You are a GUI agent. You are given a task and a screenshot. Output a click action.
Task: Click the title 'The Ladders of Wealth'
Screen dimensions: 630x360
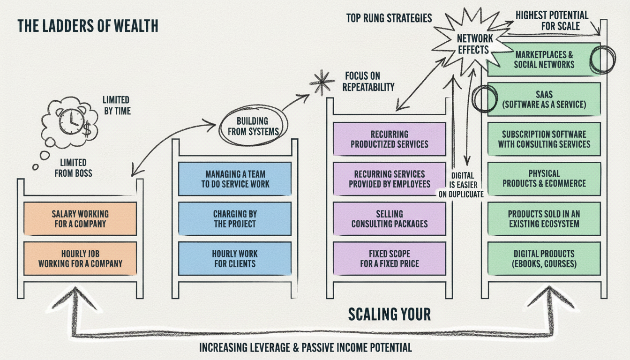point(88,26)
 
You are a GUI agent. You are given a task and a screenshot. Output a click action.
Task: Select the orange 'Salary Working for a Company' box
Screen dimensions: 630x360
point(80,218)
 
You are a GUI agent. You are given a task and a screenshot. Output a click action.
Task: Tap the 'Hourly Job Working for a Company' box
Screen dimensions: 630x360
point(80,258)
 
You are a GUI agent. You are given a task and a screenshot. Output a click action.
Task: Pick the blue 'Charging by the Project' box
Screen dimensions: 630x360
point(235,218)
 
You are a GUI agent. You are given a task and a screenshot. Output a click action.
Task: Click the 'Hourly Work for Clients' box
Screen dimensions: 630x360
point(235,258)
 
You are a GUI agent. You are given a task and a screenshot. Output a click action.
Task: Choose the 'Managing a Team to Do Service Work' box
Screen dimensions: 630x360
point(235,179)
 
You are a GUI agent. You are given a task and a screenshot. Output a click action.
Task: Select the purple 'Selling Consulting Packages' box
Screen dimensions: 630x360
point(390,218)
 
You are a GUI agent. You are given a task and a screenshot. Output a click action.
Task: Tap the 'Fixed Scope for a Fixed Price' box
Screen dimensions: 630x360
point(390,258)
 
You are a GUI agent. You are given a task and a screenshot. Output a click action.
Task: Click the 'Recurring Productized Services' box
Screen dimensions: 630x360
point(390,139)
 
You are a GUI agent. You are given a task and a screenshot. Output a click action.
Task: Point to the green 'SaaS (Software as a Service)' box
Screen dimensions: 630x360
point(544,99)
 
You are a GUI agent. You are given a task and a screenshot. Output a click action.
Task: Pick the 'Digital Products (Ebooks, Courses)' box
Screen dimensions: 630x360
point(544,258)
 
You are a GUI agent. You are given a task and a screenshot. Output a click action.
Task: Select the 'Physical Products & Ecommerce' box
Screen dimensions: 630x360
point(544,179)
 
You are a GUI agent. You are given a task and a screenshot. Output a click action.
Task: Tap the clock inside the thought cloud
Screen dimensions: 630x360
point(71,121)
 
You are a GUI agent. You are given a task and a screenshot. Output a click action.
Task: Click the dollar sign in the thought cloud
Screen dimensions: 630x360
point(88,129)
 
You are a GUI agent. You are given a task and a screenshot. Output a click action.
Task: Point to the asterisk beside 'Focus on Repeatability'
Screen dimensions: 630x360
point(322,82)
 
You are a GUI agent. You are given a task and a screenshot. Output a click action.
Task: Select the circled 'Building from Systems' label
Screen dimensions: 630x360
point(253,126)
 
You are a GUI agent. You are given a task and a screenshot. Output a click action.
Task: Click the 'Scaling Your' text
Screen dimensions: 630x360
point(390,314)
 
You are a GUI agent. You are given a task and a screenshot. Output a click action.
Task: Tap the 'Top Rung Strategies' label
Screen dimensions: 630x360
point(389,18)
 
